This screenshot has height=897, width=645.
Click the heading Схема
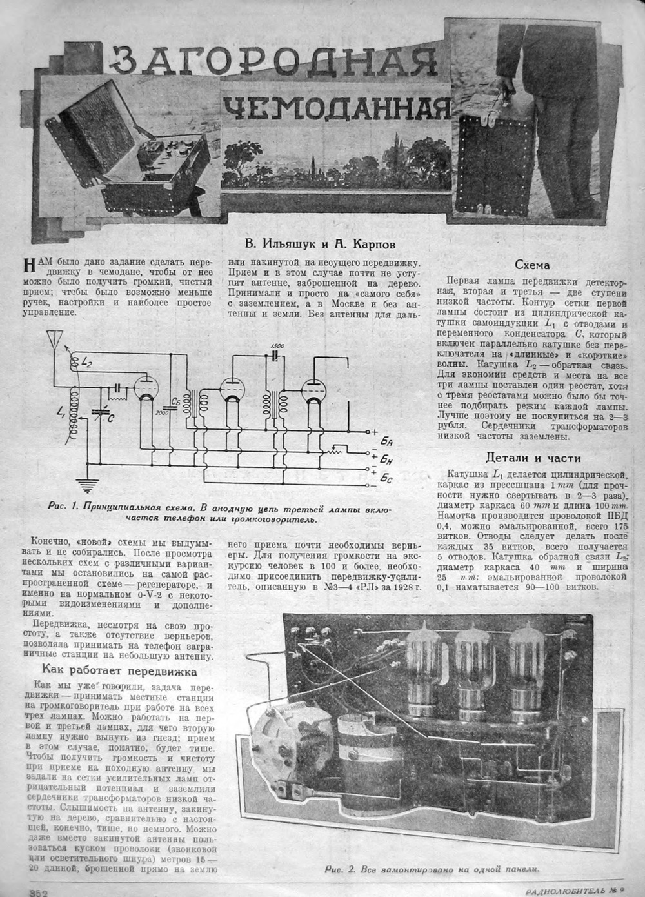[x=532, y=265]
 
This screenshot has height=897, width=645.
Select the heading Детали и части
[x=533, y=458]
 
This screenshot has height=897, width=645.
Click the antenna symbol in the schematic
[x=54, y=339]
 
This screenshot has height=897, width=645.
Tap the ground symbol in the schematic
[x=83, y=483]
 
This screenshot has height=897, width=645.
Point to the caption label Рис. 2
[x=340, y=869]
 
